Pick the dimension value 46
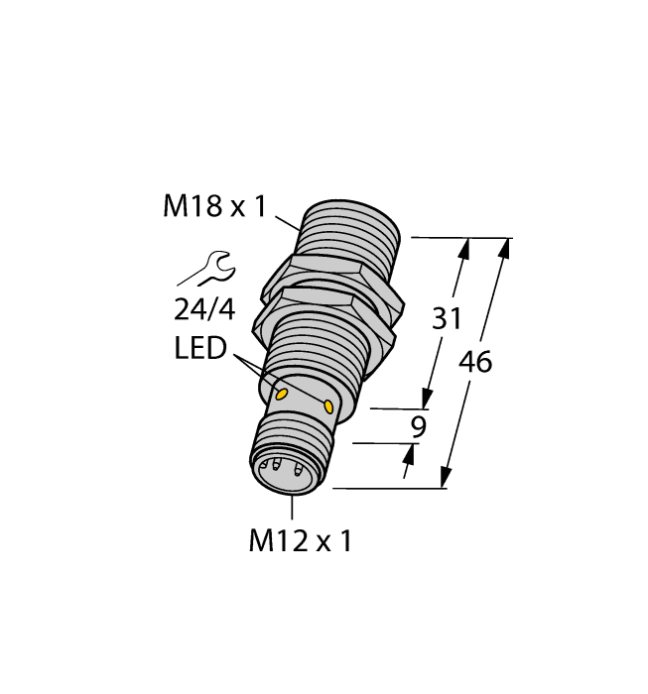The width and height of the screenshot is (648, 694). tap(475, 363)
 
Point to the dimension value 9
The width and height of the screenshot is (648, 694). tap(418, 428)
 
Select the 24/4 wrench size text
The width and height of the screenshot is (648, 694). tap(203, 310)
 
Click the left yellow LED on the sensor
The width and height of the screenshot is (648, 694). tap(281, 394)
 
